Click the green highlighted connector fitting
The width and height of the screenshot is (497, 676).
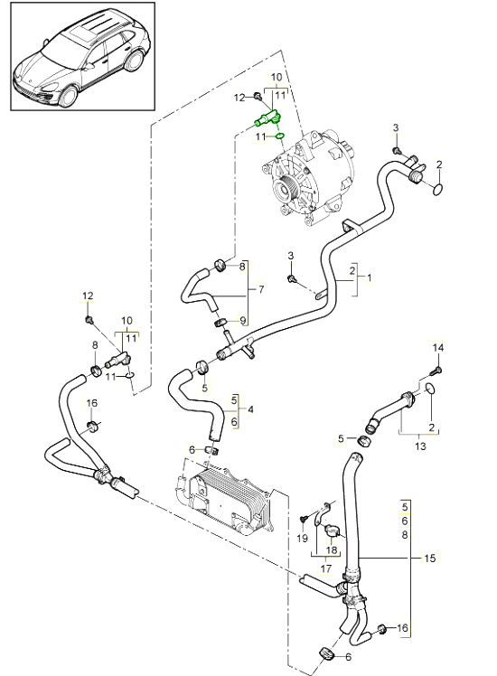click(268, 118)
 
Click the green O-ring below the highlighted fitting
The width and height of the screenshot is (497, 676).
click(279, 136)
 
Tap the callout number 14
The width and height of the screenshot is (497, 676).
click(437, 348)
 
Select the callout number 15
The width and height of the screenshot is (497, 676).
click(430, 559)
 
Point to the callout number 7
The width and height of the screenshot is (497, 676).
click(261, 289)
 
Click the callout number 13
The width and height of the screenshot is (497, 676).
click(420, 446)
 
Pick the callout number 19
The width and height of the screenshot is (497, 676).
click(303, 538)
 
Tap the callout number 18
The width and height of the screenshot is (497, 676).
click(332, 550)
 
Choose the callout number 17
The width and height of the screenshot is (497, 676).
click(326, 568)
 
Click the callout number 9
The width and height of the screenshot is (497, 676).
click(242, 320)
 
